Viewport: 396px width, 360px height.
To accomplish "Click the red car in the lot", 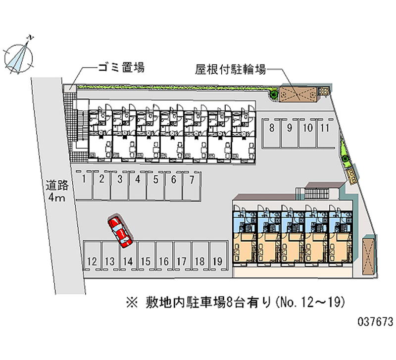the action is coord(119,231).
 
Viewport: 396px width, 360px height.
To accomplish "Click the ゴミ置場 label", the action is coord(121,68).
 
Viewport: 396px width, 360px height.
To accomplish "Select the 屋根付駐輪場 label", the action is coord(231,70).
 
